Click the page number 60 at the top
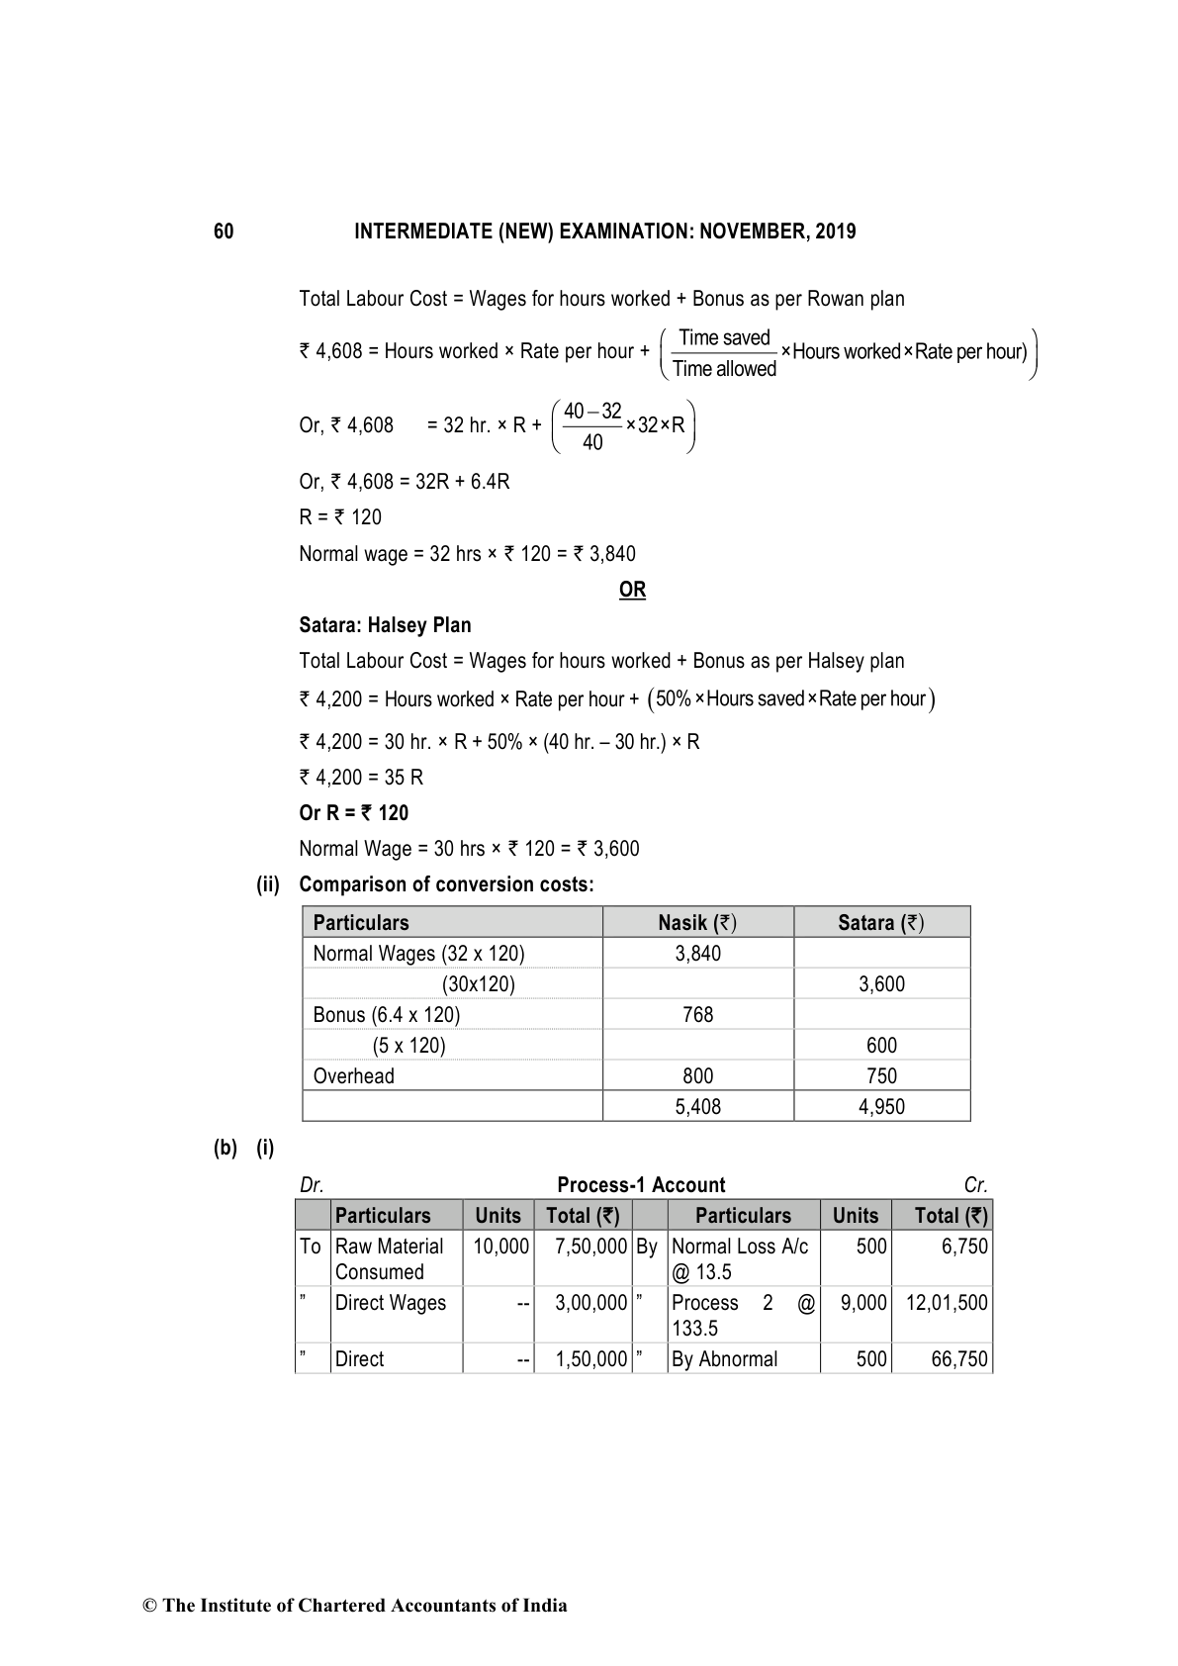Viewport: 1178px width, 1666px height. click(224, 231)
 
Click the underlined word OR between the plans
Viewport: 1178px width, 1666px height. click(632, 590)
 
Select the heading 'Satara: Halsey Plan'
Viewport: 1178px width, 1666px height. click(385, 625)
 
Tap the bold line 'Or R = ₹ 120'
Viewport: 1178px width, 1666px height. click(353, 813)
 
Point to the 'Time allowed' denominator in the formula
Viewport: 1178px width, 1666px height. click(724, 369)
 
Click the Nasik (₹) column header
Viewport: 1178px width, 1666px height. click(697, 923)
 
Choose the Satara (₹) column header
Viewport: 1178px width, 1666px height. click(880, 923)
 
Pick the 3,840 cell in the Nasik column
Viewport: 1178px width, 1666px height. click(697, 954)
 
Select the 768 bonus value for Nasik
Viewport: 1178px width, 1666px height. click(697, 1015)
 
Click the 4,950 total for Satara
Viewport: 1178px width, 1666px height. click(880, 1107)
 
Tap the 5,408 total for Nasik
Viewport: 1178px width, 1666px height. click(697, 1107)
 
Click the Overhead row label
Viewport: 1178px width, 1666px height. click(353, 1076)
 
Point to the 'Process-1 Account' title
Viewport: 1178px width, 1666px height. click(641, 1185)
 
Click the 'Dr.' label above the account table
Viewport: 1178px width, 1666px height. click(312, 1185)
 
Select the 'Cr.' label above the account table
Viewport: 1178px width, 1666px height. click(975, 1185)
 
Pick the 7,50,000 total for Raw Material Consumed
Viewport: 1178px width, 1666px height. click(590, 1247)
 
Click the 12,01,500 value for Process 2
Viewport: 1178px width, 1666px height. click(947, 1303)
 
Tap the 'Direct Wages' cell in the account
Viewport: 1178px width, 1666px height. click(390, 1303)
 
